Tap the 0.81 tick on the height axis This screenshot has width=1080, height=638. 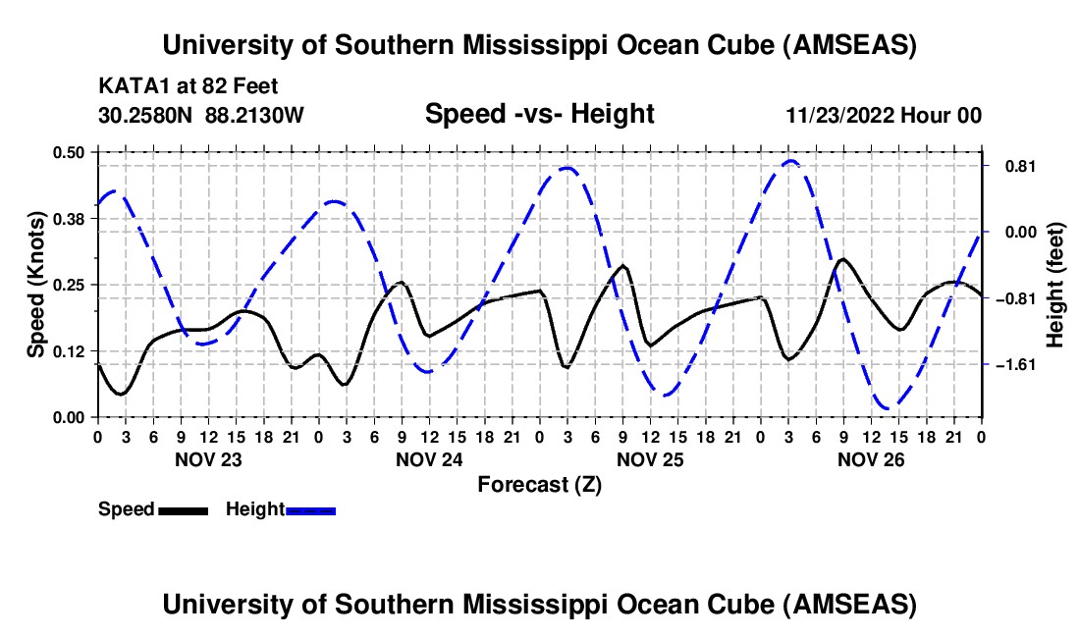click(1011, 166)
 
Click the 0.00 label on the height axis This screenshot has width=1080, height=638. click(1011, 233)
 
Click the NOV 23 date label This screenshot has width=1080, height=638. click(207, 458)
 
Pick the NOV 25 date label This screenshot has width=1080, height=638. click(649, 458)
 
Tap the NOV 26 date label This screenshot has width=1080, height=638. click(870, 458)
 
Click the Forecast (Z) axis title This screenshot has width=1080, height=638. click(539, 484)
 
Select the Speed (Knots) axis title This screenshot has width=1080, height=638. click(35, 285)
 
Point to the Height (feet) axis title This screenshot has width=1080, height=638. click(1055, 285)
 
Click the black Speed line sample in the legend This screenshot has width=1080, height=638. click(182, 509)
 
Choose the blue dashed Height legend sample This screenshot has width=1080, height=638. click(311, 509)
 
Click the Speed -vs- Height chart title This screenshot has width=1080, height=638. click(539, 114)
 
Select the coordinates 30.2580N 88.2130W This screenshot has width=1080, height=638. click(201, 115)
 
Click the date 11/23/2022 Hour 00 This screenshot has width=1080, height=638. click(884, 115)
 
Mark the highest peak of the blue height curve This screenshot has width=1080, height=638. click(790, 161)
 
